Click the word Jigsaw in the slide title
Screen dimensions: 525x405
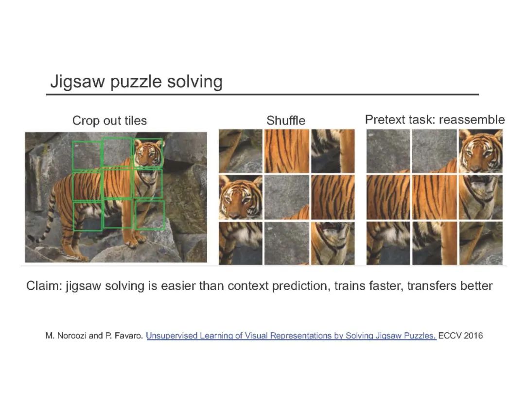tap(77, 82)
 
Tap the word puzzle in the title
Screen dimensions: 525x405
tap(136, 82)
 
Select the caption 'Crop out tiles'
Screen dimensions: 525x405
tap(109, 120)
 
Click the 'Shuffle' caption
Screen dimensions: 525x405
tap(286, 120)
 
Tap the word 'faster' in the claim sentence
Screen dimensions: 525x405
tap(384, 286)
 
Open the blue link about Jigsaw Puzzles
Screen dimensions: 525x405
tap(291, 336)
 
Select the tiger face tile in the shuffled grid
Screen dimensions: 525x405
tap(241, 197)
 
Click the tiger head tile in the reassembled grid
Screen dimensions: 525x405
tap(481, 151)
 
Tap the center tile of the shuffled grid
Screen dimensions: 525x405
tap(287, 197)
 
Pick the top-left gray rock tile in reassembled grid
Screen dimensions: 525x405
tap(388, 151)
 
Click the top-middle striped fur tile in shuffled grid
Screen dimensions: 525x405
tap(287, 151)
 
